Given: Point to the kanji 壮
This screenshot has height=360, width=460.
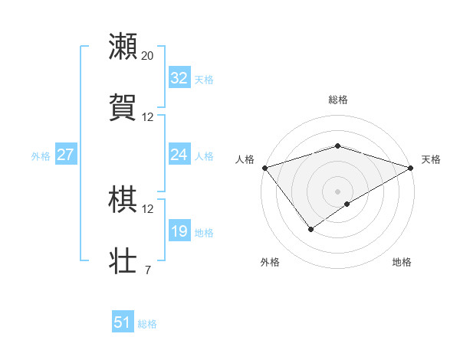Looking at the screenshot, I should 123,261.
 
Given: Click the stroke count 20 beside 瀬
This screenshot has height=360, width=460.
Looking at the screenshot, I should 148,56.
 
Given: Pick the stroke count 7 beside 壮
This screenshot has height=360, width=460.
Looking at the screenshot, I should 147,270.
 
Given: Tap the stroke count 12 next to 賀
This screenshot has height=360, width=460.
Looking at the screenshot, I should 148,117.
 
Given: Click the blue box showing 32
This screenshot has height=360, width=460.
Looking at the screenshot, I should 179,78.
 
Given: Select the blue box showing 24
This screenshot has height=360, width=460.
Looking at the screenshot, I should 179,155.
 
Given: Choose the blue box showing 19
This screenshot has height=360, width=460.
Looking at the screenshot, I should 179,231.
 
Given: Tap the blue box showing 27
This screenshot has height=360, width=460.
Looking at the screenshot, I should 65,155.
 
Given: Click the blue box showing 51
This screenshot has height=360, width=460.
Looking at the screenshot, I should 122,322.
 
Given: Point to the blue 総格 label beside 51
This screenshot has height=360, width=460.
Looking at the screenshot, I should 147,324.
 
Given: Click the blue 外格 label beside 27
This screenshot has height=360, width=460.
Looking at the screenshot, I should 41,156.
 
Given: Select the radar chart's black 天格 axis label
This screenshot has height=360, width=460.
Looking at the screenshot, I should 431,159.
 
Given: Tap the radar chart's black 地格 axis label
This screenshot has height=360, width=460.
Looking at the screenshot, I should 402,263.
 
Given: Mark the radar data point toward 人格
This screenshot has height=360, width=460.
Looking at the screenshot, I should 264,168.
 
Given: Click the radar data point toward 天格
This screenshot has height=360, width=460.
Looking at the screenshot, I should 412,168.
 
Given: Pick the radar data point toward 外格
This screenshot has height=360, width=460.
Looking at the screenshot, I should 311,228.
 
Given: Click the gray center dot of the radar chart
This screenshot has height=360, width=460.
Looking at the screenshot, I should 337,191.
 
